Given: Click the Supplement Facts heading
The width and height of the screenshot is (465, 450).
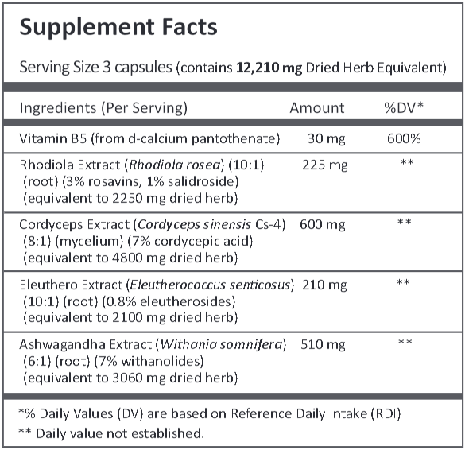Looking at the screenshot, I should click(x=118, y=29).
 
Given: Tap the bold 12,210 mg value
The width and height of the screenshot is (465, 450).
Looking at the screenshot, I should click(x=269, y=68).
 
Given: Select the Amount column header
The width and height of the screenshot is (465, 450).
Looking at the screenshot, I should click(x=316, y=108).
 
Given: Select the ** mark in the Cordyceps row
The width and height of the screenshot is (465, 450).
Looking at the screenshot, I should click(x=403, y=223).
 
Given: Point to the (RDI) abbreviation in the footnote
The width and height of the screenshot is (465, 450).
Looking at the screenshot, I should click(x=385, y=413).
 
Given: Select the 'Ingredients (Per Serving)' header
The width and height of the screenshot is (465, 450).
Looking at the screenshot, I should click(x=103, y=108).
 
